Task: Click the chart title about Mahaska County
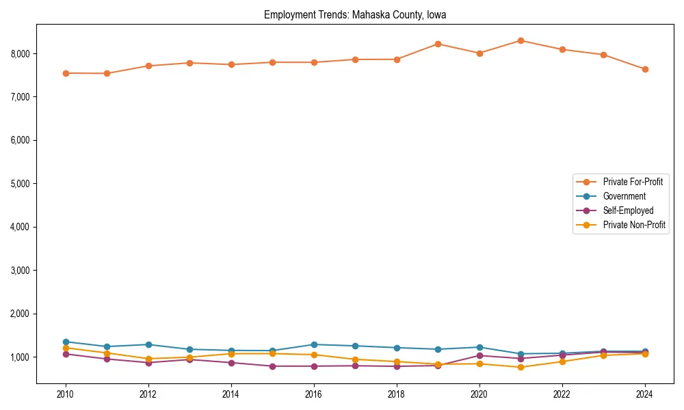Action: pos(355,14)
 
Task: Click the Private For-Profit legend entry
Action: pos(633,182)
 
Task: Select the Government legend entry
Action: pos(624,196)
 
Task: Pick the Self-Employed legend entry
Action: pos(628,210)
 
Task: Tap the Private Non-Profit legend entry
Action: pos(634,225)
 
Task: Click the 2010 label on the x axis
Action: pos(66,394)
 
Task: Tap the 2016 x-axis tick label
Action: pos(314,394)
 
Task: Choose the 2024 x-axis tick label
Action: pos(644,394)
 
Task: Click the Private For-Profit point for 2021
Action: pos(521,40)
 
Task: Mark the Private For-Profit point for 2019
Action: pos(438,44)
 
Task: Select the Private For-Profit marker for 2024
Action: pos(644,69)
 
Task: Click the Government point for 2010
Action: pos(66,342)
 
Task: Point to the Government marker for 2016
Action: pos(314,344)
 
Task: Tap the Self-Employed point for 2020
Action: pos(479,355)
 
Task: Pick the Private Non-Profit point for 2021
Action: pos(521,367)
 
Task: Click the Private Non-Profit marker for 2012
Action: pos(148,359)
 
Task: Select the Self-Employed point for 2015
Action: pos(272,366)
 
